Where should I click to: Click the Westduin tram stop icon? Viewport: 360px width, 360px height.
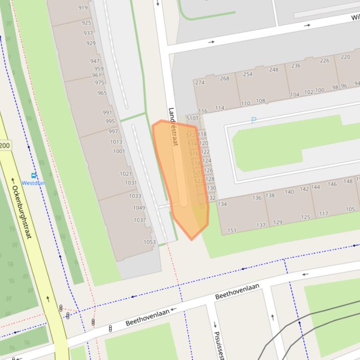[34, 176]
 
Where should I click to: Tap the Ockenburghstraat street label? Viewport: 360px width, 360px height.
[22, 212]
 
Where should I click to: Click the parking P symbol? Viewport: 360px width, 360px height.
[254, 121]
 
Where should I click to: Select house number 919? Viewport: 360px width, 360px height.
[83, 7]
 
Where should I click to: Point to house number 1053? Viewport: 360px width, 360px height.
[149, 242]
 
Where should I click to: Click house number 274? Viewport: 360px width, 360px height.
[200, 83]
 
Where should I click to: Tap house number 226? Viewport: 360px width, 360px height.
[324, 60]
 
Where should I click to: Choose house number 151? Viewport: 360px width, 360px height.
[232, 230]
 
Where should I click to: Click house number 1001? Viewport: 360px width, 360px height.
[119, 151]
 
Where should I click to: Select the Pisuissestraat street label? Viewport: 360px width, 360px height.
[218, 345]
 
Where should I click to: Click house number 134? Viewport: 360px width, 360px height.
[222, 204]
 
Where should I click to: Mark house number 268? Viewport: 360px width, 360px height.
[225, 78]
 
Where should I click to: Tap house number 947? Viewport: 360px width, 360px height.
[95, 61]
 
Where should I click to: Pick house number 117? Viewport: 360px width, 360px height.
[323, 214]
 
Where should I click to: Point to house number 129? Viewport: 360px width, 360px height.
[278, 222]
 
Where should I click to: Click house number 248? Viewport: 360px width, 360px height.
[273, 70]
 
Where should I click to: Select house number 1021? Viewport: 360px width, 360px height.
[125, 174]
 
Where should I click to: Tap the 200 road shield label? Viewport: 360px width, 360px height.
[5, 145]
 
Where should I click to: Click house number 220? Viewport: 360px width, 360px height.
[345, 57]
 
